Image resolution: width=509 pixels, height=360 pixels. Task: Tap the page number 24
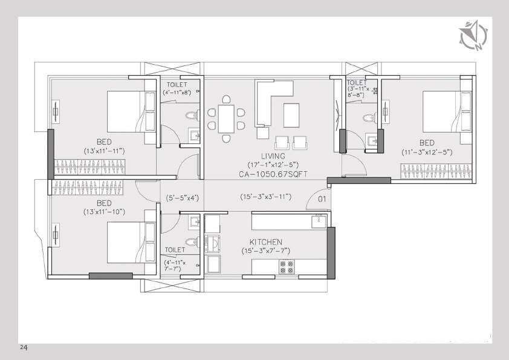(24, 348)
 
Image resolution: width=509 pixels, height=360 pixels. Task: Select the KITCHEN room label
(265, 242)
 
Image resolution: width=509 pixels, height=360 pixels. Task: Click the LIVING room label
(265, 156)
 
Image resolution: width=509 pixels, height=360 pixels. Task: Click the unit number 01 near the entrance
(322, 198)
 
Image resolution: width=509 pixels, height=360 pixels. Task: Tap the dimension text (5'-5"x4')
(183, 197)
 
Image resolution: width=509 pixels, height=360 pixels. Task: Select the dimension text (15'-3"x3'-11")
(265, 197)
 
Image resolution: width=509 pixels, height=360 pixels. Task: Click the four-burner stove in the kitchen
(286, 267)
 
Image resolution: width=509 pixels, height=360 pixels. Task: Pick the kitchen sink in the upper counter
(318, 221)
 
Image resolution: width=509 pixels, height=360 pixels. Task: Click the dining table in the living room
(226, 118)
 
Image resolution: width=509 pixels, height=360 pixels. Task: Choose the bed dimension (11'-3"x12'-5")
(427, 152)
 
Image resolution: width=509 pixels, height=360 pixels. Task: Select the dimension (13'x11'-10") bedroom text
(104, 212)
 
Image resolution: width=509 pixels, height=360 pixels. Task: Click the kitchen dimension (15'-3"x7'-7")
(265, 250)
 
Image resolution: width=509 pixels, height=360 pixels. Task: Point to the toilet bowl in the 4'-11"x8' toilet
(193, 115)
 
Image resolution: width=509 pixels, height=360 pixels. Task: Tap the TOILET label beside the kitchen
(174, 249)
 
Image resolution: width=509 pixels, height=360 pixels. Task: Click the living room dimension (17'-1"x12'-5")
(265, 165)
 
